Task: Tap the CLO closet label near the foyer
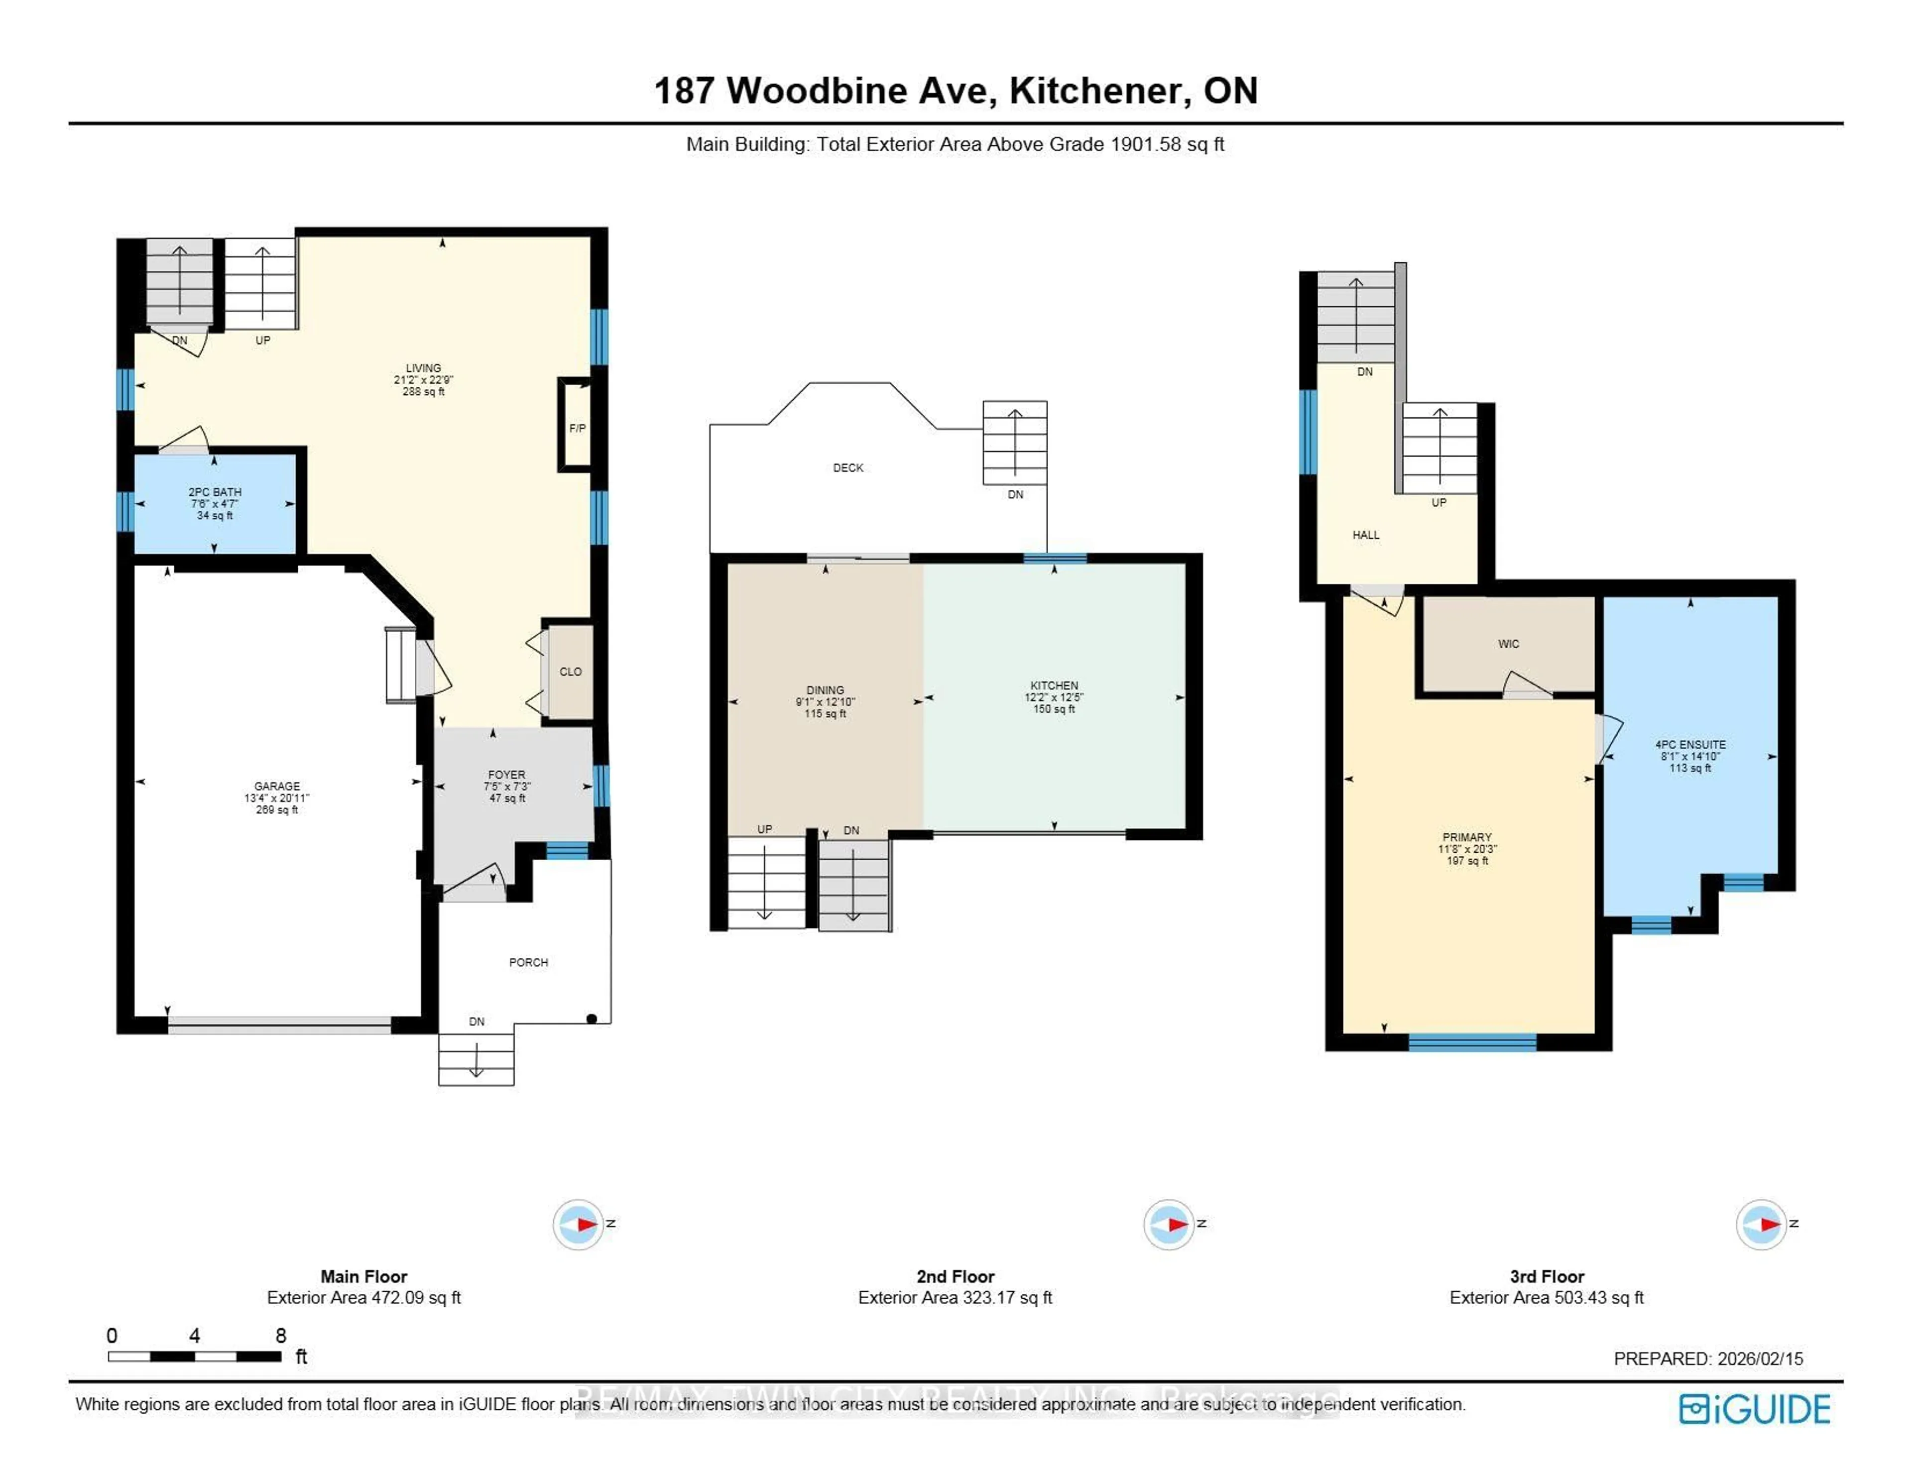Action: [x=570, y=672]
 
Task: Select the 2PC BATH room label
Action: [x=215, y=492]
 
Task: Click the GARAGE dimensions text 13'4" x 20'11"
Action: [x=277, y=797]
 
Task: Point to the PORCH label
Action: [x=528, y=962]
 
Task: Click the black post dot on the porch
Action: [x=592, y=1018]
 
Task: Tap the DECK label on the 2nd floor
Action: [x=847, y=467]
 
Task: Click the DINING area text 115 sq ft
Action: [x=825, y=713]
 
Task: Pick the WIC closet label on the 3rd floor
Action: [x=1508, y=644]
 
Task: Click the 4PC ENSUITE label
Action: [x=1689, y=744]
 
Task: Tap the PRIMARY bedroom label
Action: [x=1466, y=837]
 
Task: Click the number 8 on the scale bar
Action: [x=280, y=1335]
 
